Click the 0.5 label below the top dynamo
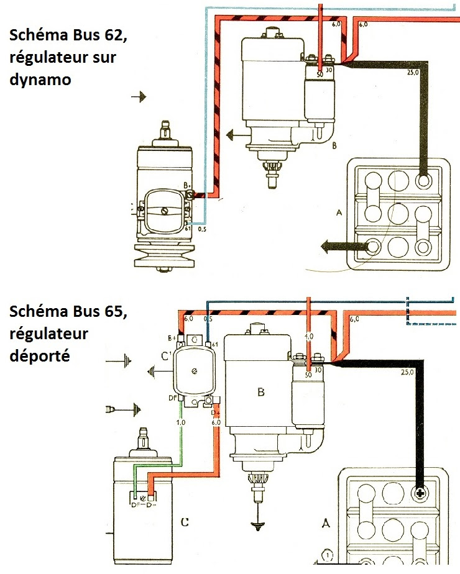pyautogui.click(x=201, y=229)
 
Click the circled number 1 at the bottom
pyautogui.click(x=327, y=554)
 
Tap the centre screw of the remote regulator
pyautogui.click(x=195, y=371)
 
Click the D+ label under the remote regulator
pyautogui.click(x=216, y=412)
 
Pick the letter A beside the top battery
pyautogui.click(x=339, y=213)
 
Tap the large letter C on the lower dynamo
pyautogui.click(x=185, y=522)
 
